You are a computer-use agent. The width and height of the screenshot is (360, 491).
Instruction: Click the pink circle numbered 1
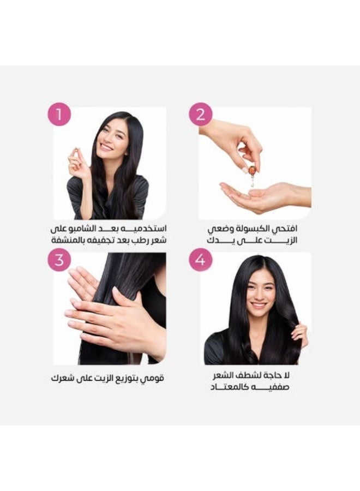point(60,115)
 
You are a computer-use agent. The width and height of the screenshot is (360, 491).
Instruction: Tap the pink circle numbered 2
point(201,115)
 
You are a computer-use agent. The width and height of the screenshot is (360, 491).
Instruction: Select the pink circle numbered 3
point(59,260)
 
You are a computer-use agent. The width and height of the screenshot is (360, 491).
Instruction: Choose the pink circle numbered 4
point(201,260)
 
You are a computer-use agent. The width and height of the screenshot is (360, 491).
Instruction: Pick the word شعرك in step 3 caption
point(62,378)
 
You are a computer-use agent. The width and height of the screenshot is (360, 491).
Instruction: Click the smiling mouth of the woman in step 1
point(106,147)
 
